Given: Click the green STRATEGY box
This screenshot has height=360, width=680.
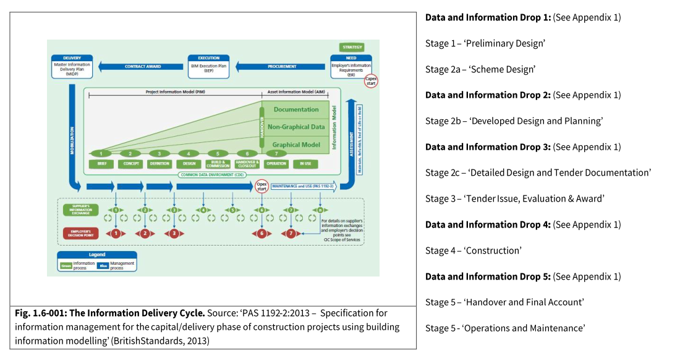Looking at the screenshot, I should [352, 47].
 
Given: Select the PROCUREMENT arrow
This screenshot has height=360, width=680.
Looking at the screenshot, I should [281, 66].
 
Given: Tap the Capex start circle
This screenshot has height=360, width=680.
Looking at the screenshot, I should [371, 80].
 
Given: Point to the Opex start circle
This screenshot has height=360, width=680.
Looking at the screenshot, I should [263, 185].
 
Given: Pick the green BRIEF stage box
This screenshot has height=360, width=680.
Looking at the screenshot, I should [101, 164].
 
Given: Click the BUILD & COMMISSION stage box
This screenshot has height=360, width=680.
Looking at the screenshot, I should [218, 164].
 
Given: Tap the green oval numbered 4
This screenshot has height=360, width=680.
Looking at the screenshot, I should [188, 153].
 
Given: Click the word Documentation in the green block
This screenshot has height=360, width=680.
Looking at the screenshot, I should [295, 109].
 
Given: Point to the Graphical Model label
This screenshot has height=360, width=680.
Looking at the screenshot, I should [295, 145].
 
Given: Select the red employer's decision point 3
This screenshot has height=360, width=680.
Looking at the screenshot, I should [175, 233].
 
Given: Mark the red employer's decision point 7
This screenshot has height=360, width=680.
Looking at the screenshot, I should [291, 233].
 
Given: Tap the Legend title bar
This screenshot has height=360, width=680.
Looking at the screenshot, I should [97, 254].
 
